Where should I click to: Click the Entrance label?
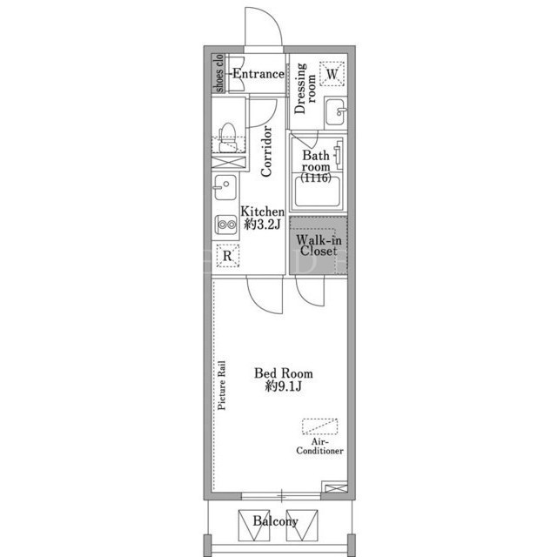pyautogui.click(x=258, y=74)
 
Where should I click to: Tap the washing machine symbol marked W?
pyautogui.click(x=332, y=74)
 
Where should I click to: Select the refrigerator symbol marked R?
pyautogui.click(x=227, y=256)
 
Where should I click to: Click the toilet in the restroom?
pyautogui.click(x=227, y=138)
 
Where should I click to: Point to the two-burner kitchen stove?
pyautogui.click(x=226, y=225)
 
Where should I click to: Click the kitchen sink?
pyautogui.click(x=225, y=187)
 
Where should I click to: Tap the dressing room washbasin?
pyautogui.click(x=335, y=112)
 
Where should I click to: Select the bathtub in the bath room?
pyautogui.click(x=317, y=191)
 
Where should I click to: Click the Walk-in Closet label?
pyautogui.click(x=319, y=245)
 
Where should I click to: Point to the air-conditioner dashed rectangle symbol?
pyautogui.click(x=320, y=426)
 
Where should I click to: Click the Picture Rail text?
pyautogui.click(x=222, y=386)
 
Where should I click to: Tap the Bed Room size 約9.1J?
pyautogui.click(x=284, y=386)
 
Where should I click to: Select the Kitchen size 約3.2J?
pyautogui.click(x=263, y=225)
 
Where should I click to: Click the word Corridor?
pyautogui.click(x=266, y=151)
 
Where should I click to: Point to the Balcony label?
pyautogui.click(x=275, y=521)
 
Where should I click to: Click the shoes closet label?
pyautogui.click(x=219, y=73)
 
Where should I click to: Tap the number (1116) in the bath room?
pyautogui.click(x=316, y=178)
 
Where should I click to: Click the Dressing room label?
pyautogui.click(x=305, y=89)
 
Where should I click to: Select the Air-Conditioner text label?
pyautogui.click(x=319, y=446)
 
